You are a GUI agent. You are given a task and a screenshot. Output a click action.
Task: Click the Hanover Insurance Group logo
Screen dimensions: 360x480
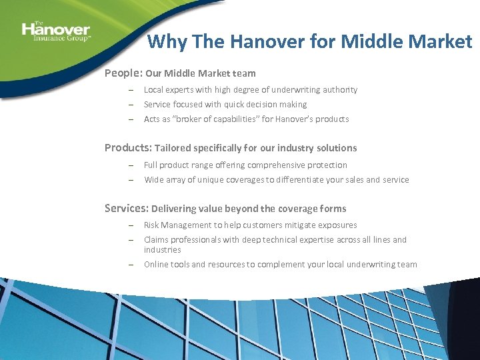[56, 31]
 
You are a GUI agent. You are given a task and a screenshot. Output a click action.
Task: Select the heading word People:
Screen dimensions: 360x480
[123, 73]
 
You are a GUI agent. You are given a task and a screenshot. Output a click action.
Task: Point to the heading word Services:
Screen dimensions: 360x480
[127, 208]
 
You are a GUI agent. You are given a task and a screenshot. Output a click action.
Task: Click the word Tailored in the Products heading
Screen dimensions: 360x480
[173, 148]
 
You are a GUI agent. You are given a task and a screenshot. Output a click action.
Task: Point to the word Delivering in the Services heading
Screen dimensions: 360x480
[174, 209]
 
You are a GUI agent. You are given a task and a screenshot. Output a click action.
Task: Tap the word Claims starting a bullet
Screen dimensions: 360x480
[156, 240]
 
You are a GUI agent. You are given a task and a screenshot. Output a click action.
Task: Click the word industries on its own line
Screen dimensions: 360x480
[163, 250]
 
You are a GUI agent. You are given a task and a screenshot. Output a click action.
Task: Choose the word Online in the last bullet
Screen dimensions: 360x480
[156, 265]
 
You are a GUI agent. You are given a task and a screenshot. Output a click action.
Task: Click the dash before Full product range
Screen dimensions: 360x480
[132, 165]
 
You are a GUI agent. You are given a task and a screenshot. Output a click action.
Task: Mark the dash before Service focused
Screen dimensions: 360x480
[132, 105]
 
